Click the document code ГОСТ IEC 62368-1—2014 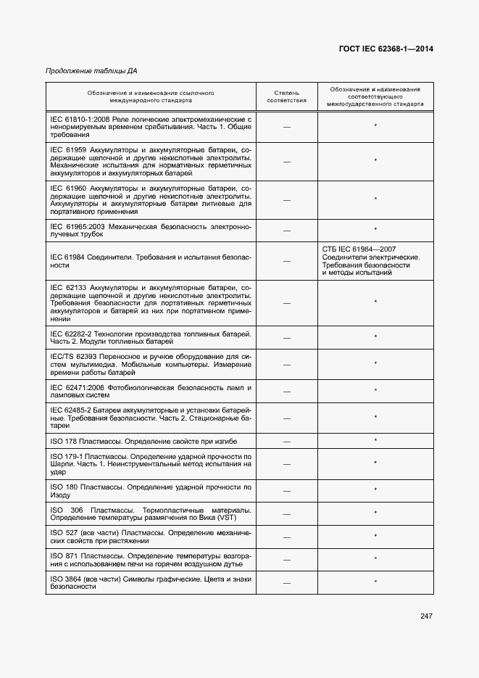click(x=386, y=49)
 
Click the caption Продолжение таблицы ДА click(x=91, y=71)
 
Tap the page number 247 click(x=426, y=616)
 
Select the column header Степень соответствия click(x=286, y=97)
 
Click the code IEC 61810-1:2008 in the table click(x=79, y=118)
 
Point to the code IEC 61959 click(x=68, y=149)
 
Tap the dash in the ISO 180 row click(x=286, y=491)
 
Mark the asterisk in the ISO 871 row click(x=375, y=559)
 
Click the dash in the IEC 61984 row click(x=286, y=261)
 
